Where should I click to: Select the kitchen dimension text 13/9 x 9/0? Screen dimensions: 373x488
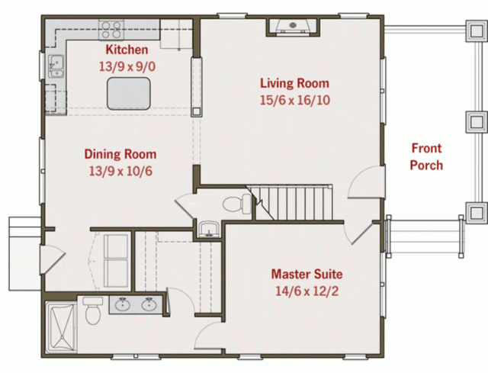pyautogui.click(x=127, y=66)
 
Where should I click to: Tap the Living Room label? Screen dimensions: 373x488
pyautogui.click(x=294, y=83)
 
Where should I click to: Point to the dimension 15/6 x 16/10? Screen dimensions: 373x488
pyautogui.click(x=294, y=100)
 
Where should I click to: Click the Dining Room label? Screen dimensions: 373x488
pyautogui.click(x=120, y=154)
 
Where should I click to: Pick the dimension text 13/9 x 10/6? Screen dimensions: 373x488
pyautogui.click(x=120, y=170)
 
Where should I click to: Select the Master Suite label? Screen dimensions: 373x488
pyautogui.click(x=307, y=274)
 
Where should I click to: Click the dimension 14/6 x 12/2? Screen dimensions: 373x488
pyautogui.click(x=307, y=291)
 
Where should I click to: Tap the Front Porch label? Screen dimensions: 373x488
pyautogui.click(x=426, y=156)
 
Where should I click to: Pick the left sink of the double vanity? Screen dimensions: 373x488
pyautogui.click(x=124, y=305)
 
